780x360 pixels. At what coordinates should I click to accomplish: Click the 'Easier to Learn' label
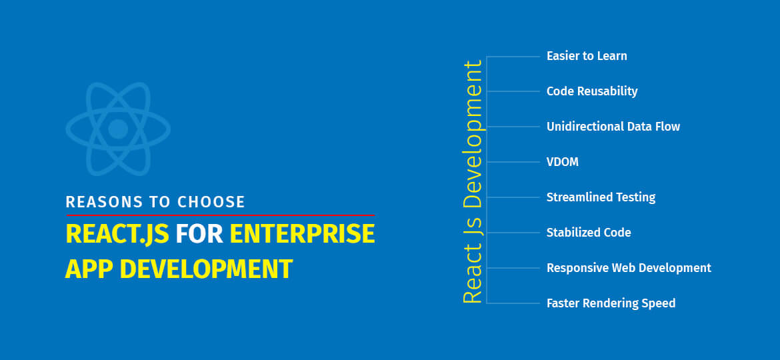(x=586, y=56)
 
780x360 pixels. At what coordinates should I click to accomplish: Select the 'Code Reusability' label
(x=591, y=91)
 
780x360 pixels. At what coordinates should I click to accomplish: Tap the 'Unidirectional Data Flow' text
(x=613, y=127)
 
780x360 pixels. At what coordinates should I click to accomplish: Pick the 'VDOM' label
(x=562, y=162)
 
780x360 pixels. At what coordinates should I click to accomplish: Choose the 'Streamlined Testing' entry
(x=600, y=197)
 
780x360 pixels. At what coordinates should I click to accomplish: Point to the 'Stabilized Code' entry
(x=588, y=233)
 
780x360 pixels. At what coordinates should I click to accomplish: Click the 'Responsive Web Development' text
(x=628, y=268)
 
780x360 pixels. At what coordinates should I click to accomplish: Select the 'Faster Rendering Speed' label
(x=610, y=303)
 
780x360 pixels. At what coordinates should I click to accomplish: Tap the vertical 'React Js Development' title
(x=472, y=182)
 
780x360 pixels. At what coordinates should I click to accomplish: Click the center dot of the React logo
(x=118, y=129)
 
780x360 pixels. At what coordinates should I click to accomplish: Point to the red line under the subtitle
(x=220, y=215)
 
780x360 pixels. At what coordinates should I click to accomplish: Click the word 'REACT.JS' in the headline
(x=117, y=235)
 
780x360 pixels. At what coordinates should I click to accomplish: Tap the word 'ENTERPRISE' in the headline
(x=302, y=235)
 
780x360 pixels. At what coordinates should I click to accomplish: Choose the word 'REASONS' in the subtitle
(x=103, y=201)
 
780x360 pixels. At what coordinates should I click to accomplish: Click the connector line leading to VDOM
(x=513, y=162)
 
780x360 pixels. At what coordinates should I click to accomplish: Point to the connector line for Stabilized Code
(x=513, y=233)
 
